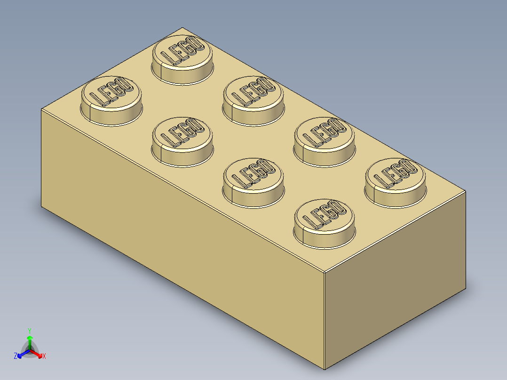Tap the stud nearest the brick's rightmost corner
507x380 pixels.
tap(395, 181)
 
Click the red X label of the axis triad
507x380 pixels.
tap(44, 356)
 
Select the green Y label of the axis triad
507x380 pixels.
tap(30, 331)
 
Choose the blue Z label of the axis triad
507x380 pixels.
tap(16, 356)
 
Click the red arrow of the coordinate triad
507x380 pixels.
tap(38, 354)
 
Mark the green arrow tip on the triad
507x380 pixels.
tap(30, 338)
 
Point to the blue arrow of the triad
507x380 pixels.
tap(22, 354)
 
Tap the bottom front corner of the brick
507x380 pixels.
tap(325, 370)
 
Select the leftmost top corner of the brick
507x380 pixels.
tap(41, 109)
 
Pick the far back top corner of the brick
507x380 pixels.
tap(182, 27)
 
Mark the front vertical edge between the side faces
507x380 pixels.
tap(325, 320)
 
